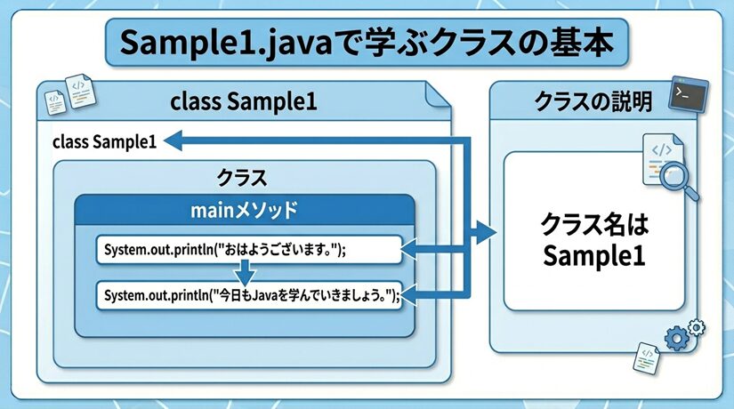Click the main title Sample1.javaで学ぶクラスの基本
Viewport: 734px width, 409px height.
coord(367,43)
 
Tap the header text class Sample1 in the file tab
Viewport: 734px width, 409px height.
coord(244,101)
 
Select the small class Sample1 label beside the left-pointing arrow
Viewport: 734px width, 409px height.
coord(104,141)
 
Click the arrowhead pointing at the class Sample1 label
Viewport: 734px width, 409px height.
coord(173,140)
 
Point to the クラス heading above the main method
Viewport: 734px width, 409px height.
coord(242,178)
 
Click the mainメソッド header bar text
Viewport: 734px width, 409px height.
coord(244,210)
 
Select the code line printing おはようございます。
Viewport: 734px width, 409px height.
coord(225,250)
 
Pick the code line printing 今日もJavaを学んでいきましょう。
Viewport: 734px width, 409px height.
coord(253,295)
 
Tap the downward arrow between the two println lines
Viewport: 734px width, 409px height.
coord(245,273)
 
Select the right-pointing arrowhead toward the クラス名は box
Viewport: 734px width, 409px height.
coord(487,232)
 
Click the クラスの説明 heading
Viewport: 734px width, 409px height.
coord(593,101)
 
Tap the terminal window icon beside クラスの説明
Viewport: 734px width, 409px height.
coord(689,94)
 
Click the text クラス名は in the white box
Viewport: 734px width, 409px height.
coord(594,224)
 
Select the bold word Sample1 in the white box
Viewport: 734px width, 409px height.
coord(594,256)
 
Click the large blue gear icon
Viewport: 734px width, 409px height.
coord(676,338)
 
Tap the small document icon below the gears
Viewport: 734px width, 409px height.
coord(647,358)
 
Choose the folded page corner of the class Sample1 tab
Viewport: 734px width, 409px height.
coord(438,95)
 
